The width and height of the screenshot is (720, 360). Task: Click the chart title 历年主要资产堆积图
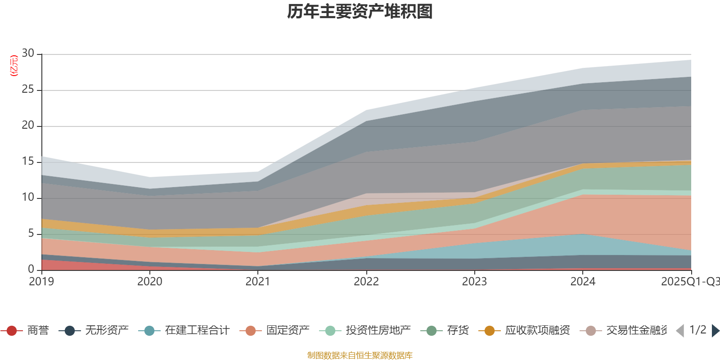coord(360,12)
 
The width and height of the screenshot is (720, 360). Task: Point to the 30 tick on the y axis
coord(28,54)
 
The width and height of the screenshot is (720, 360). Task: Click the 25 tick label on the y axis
coord(28,90)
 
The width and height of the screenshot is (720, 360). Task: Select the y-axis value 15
coord(28,162)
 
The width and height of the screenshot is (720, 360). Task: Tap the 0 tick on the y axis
coord(31,269)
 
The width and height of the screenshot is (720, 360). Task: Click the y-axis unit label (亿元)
coord(14,66)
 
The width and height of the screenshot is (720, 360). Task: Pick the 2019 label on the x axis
coord(41,282)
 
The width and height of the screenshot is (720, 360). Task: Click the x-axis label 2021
coord(258,282)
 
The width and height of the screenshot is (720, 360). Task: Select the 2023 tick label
coord(474,282)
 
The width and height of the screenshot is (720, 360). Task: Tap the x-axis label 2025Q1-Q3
coord(689,282)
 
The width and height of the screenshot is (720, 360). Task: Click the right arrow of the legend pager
coord(715,331)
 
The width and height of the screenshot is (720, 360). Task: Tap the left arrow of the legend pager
coord(680,331)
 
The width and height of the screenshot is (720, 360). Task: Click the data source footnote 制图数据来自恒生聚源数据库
coord(360,355)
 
